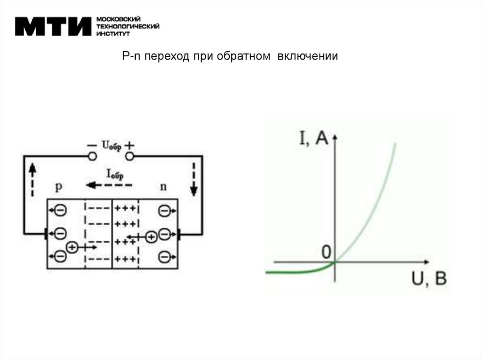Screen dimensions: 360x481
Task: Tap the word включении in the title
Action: point(308,57)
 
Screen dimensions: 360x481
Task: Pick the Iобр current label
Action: point(115,175)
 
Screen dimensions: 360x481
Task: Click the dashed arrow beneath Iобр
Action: point(109,185)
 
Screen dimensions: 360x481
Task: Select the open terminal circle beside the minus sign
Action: point(92,156)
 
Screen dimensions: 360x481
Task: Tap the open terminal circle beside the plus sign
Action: point(130,156)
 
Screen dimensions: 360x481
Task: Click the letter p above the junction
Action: point(59,186)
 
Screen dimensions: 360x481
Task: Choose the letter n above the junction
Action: point(163,186)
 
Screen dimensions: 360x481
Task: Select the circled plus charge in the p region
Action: point(72,247)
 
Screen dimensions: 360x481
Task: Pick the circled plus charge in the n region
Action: point(151,237)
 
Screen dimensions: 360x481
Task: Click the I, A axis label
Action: point(313,138)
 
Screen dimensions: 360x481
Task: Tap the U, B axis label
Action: point(429,279)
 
